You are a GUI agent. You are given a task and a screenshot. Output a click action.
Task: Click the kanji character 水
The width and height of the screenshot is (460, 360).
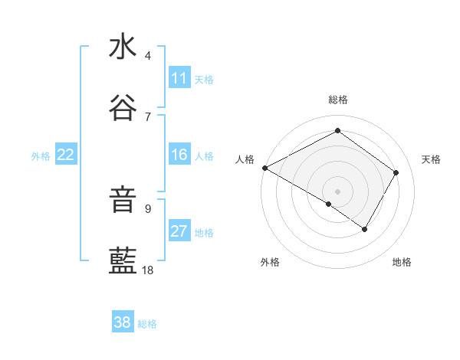tap(123, 47)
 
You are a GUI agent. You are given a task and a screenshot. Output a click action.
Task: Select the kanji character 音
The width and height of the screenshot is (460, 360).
tap(123, 201)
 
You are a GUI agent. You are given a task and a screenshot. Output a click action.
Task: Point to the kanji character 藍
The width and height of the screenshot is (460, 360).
tap(123, 262)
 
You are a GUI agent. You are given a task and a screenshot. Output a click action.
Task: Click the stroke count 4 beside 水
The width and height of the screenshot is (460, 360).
tap(148, 56)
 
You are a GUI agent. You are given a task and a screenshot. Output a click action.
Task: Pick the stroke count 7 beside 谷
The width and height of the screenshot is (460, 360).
tap(148, 116)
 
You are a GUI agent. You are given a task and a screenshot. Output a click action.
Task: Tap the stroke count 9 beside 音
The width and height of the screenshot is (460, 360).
tap(148, 208)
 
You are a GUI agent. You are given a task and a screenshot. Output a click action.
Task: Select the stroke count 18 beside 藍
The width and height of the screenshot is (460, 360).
tap(148, 270)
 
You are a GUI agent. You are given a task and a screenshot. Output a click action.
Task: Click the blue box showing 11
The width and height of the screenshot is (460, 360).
tap(179, 78)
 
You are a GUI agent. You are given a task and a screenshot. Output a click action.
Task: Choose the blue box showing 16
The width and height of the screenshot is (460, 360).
tap(179, 155)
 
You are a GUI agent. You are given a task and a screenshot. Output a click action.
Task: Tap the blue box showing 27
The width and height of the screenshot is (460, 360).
tap(179, 231)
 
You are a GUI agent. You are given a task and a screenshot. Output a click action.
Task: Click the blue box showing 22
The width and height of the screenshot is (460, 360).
tap(65, 155)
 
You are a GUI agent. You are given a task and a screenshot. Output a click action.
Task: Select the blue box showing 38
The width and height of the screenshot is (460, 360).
tap(123, 322)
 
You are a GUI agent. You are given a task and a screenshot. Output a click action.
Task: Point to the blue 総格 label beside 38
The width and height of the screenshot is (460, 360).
tap(147, 324)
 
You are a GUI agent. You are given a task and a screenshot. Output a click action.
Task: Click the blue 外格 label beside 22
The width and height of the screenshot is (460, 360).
tap(41, 156)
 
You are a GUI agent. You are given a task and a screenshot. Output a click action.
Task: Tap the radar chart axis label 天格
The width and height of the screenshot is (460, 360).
tap(431, 159)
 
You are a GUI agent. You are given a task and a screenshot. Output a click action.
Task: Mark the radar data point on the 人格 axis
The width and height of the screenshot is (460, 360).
tap(264, 167)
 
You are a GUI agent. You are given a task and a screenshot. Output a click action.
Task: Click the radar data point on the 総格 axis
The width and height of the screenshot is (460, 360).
tap(337, 131)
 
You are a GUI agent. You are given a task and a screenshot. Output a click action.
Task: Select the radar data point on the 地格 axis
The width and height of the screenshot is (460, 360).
tap(365, 229)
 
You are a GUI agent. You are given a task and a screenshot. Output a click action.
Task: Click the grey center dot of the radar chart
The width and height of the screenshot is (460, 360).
tap(337, 191)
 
